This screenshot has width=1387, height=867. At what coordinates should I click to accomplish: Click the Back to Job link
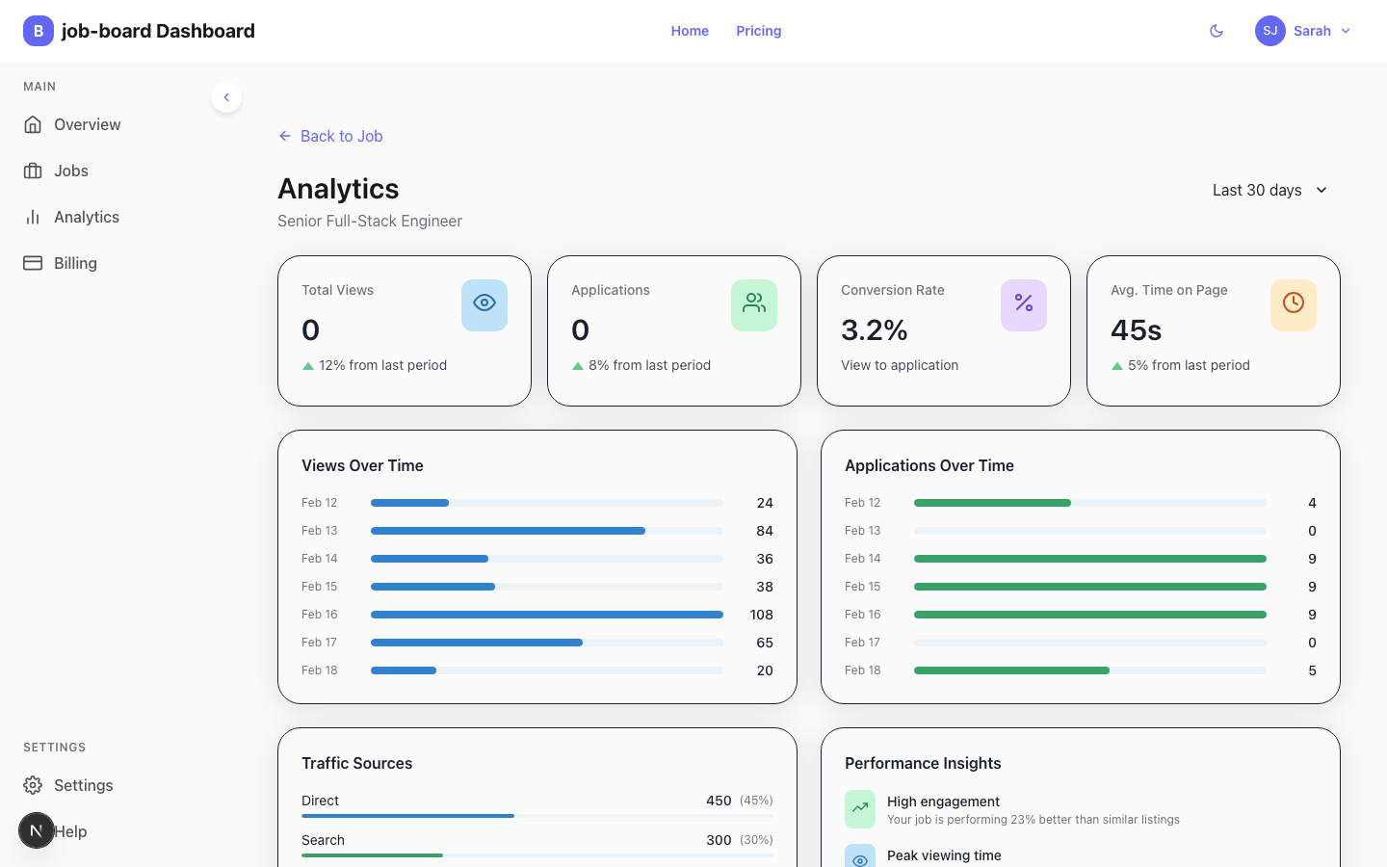pos(330,136)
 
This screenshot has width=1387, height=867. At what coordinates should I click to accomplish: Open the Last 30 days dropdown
pos(1269,190)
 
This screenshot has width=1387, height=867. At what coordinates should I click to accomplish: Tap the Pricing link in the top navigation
pos(758,31)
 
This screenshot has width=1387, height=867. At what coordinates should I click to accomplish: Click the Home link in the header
pos(690,31)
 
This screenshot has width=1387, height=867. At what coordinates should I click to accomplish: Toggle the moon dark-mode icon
pos(1217,31)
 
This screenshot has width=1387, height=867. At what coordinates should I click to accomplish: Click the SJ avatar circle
pos(1269,31)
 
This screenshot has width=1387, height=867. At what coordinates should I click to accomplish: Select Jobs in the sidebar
pos(70,171)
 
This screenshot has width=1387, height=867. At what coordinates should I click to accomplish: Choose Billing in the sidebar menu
pos(74,263)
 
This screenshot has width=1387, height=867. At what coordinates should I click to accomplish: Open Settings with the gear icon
pos(33,785)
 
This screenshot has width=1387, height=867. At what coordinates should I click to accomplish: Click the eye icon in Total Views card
pos(484,304)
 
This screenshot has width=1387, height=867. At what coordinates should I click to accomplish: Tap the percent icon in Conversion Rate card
pos(1023,304)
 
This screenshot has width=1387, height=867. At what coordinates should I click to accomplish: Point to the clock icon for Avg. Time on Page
pos(1293,304)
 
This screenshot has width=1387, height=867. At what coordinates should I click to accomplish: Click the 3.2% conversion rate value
pos(874,330)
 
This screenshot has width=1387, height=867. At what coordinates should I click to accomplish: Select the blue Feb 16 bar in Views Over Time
pos(546,615)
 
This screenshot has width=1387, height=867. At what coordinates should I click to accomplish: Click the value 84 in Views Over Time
pos(764,531)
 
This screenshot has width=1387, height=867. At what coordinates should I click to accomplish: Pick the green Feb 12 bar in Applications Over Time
pos(992,503)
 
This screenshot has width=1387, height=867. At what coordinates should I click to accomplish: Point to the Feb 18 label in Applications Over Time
pos(862,670)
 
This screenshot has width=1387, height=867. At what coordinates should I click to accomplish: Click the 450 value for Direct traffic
pos(718,801)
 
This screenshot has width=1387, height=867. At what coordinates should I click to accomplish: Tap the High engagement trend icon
pos(860,809)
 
